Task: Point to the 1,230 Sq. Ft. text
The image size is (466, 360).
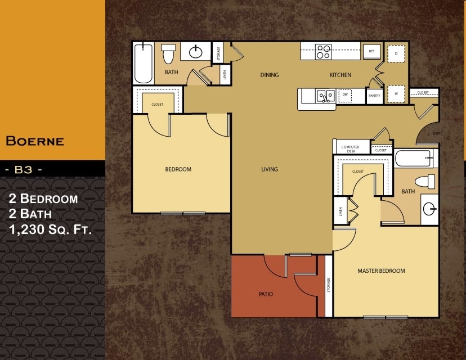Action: click(x=51, y=229)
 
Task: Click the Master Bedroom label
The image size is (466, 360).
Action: click(x=381, y=271)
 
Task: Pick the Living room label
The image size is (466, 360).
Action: click(x=270, y=169)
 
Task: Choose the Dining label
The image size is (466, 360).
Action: click(x=269, y=75)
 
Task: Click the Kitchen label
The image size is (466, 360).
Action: click(x=340, y=75)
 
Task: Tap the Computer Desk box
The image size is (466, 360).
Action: click(x=350, y=149)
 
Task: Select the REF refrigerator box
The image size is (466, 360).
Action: click(x=371, y=51)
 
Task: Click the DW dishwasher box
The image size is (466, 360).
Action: click(x=345, y=95)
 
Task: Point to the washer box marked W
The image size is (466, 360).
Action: click(x=396, y=93)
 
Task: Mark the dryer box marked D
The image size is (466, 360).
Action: click(x=396, y=53)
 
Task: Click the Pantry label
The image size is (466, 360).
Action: click(x=374, y=96)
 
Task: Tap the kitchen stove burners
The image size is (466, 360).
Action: click(x=323, y=51)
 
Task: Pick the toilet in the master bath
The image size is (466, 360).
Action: click(x=425, y=182)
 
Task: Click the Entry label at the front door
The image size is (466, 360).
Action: click(x=437, y=133)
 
